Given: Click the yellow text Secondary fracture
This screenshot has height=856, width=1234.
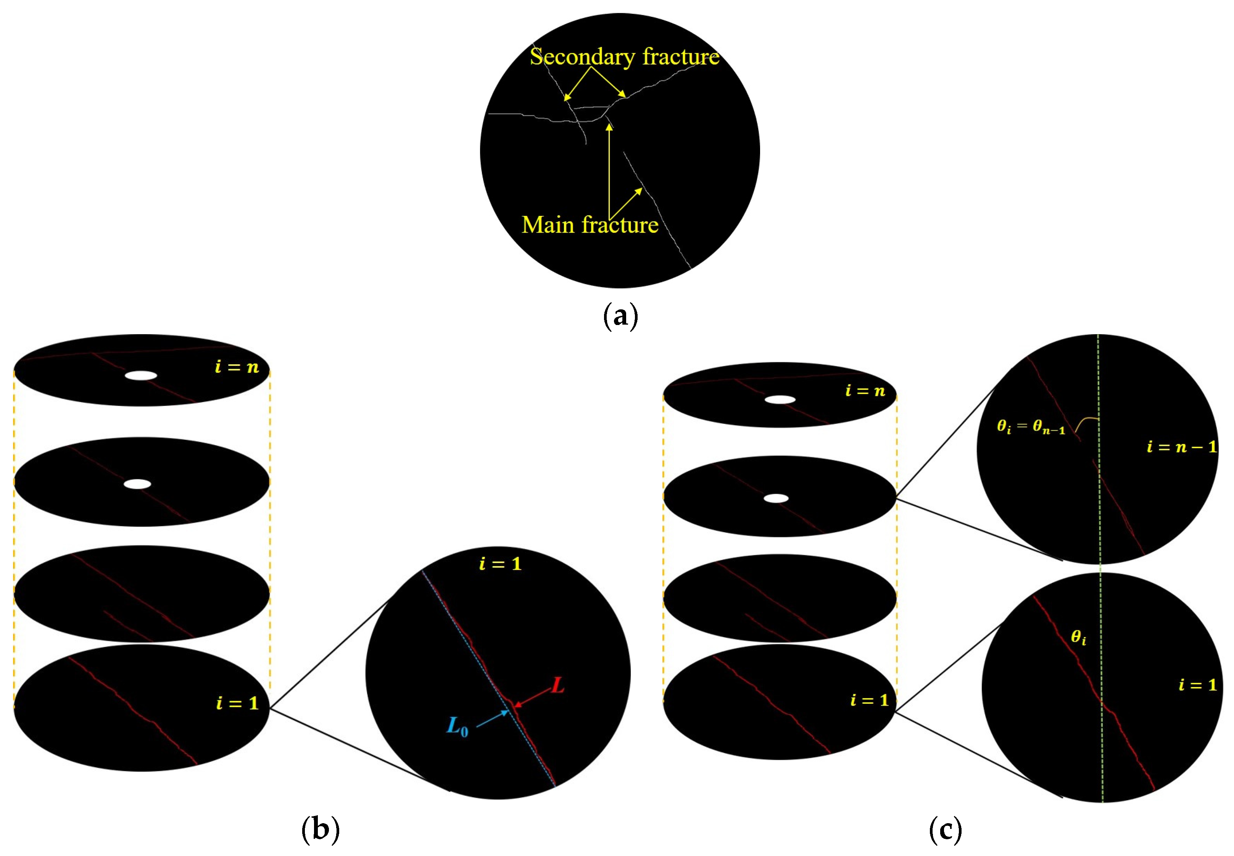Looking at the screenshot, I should click(624, 56).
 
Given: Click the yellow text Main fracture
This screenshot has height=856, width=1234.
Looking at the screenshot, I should click(590, 225).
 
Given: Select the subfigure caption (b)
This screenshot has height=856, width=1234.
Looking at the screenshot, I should click(320, 829).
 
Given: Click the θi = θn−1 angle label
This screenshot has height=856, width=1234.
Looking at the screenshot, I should click(1031, 427).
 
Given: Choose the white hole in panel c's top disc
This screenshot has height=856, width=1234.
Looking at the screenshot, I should click(780, 399).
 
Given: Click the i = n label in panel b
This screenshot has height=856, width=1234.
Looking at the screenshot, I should click(237, 367).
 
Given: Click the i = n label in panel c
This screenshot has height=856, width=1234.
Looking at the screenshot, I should click(865, 391).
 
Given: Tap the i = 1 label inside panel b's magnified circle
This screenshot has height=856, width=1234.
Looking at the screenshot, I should click(500, 564).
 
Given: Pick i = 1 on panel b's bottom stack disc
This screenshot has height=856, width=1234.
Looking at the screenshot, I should click(237, 703).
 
